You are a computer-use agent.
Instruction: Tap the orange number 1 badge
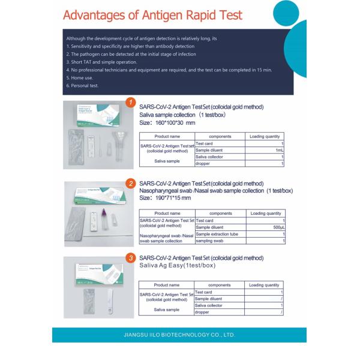131,103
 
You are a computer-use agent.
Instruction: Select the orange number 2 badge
130,183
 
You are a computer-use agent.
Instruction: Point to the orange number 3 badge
130,258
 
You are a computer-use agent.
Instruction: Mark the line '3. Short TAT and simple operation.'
101,62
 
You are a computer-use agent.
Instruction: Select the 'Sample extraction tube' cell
217,234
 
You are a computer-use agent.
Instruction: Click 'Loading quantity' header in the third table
264,285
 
